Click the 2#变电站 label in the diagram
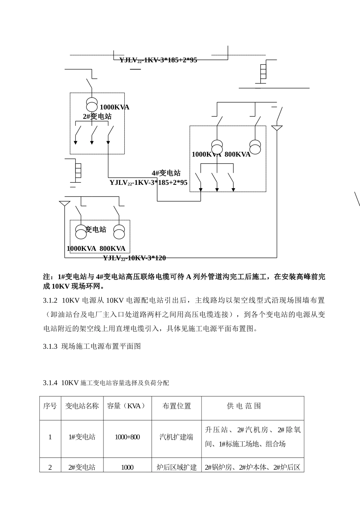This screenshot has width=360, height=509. (97, 116)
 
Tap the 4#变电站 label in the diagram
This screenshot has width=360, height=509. (166, 173)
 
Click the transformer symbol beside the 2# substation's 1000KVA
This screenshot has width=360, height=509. (92, 103)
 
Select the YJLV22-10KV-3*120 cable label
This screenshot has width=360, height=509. (135, 258)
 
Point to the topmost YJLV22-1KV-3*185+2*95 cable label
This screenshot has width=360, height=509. (158, 60)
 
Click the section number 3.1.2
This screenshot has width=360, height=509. (50, 300)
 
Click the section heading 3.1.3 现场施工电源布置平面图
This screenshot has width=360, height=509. (92, 346)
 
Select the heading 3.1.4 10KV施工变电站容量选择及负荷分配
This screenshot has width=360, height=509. (106, 383)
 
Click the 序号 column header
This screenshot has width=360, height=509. (50, 406)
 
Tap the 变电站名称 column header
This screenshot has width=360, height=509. (82, 406)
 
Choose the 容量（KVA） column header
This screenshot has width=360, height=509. (127, 406)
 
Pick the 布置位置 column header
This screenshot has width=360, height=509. (177, 406)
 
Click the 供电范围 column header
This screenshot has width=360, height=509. (244, 406)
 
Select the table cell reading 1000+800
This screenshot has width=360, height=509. (127, 437)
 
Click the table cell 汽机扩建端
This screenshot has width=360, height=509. (176, 437)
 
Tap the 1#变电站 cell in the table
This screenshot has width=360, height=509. (82, 437)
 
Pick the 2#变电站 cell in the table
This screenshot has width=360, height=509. (82, 467)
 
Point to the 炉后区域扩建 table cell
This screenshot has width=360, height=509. (177, 467)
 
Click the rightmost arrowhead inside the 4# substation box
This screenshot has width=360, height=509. (233, 189)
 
